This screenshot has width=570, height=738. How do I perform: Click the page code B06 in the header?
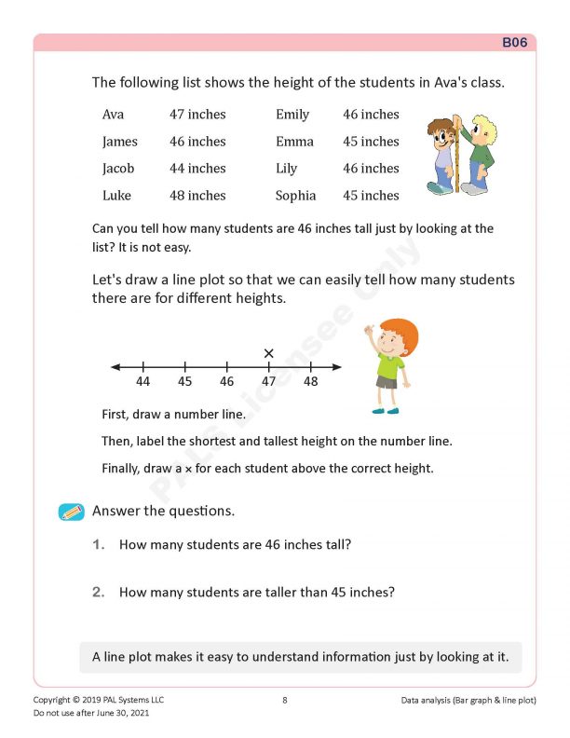[x=515, y=42]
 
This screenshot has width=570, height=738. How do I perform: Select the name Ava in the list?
[x=113, y=115]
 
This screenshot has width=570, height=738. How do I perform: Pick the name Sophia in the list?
[x=295, y=196]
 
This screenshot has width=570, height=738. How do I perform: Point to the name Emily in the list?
[x=292, y=115]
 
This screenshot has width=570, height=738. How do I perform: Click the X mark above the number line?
[x=269, y=353]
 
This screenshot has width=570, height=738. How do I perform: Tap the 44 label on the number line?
[x=143, y=382]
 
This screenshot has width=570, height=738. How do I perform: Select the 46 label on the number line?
[x=227, y=382]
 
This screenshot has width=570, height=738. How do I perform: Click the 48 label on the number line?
[x=310, y=382]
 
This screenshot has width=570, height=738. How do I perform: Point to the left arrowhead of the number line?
[x=115, y=367]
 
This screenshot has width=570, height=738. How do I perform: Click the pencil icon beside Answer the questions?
[x=72, y=512]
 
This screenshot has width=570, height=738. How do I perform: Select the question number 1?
[x=98, y=544]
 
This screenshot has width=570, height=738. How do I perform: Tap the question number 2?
[x=98, y=592]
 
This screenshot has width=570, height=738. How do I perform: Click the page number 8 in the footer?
[x=284, y=700]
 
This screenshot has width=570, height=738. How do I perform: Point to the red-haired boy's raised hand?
[x=370, y=329]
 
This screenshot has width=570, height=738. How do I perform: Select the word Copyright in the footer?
[x=51, y=700]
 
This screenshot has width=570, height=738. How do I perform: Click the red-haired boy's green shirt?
[x=389, y=365]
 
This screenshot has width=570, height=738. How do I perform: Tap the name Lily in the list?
[x=286, y=169]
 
